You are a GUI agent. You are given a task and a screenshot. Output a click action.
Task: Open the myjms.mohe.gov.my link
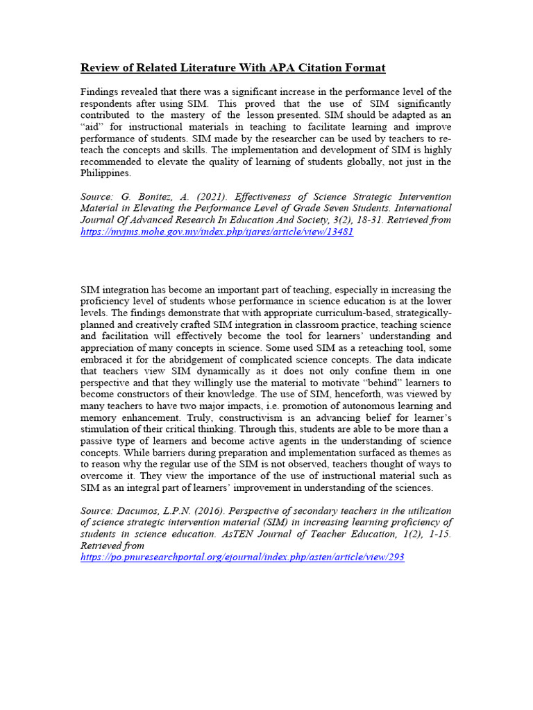[217, 232]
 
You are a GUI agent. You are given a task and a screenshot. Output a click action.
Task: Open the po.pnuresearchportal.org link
[242, 557]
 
